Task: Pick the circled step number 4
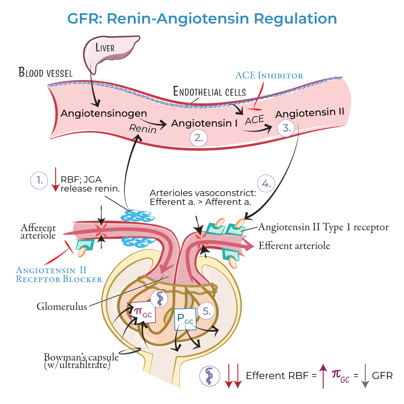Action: point(266,183)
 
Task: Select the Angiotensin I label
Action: point(204,122)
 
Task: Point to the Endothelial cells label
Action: point(210,92)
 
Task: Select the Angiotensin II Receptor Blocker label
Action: point(59,274)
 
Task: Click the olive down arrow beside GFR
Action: point(365,375)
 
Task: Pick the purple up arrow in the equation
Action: point(323,375)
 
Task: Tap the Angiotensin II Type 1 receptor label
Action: point(323,228)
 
